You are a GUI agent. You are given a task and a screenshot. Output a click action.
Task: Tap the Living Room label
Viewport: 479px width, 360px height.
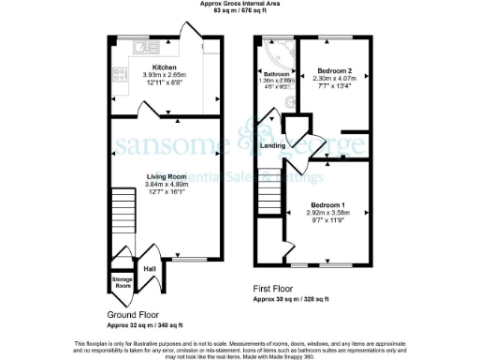pyautogui.click(x=167, y=175)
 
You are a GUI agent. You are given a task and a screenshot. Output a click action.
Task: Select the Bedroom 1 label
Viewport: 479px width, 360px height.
pyautogui.click(x=329, y=205)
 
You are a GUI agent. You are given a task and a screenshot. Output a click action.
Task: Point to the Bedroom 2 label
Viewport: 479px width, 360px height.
pyautogui.click(x=333, y=71)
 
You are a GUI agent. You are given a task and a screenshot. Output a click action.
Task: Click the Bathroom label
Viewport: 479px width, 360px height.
pyautogui.click(x=277, y=74)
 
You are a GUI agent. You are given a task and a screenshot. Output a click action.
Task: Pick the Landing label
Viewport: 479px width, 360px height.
pyautogui.click(x=273, y=146)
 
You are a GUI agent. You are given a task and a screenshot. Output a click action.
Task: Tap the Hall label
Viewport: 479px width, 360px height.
pyautogui.click(x=149, y=269)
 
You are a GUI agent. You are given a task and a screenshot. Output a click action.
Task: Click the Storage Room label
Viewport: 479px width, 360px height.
pyautogui.click(x=123, y=281)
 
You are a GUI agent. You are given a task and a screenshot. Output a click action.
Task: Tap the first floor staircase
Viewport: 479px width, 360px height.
pyautogui.click(x=269, y=191)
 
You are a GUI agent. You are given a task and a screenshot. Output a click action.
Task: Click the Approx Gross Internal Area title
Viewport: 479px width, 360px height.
pyautogui.click(x=239, y=4)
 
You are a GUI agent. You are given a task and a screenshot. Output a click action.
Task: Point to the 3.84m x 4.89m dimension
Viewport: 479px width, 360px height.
pyautogui.click(x=167, y=185)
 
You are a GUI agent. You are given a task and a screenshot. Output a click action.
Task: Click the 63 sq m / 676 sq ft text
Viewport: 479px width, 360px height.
pyautogui.click(x=239, y=12)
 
